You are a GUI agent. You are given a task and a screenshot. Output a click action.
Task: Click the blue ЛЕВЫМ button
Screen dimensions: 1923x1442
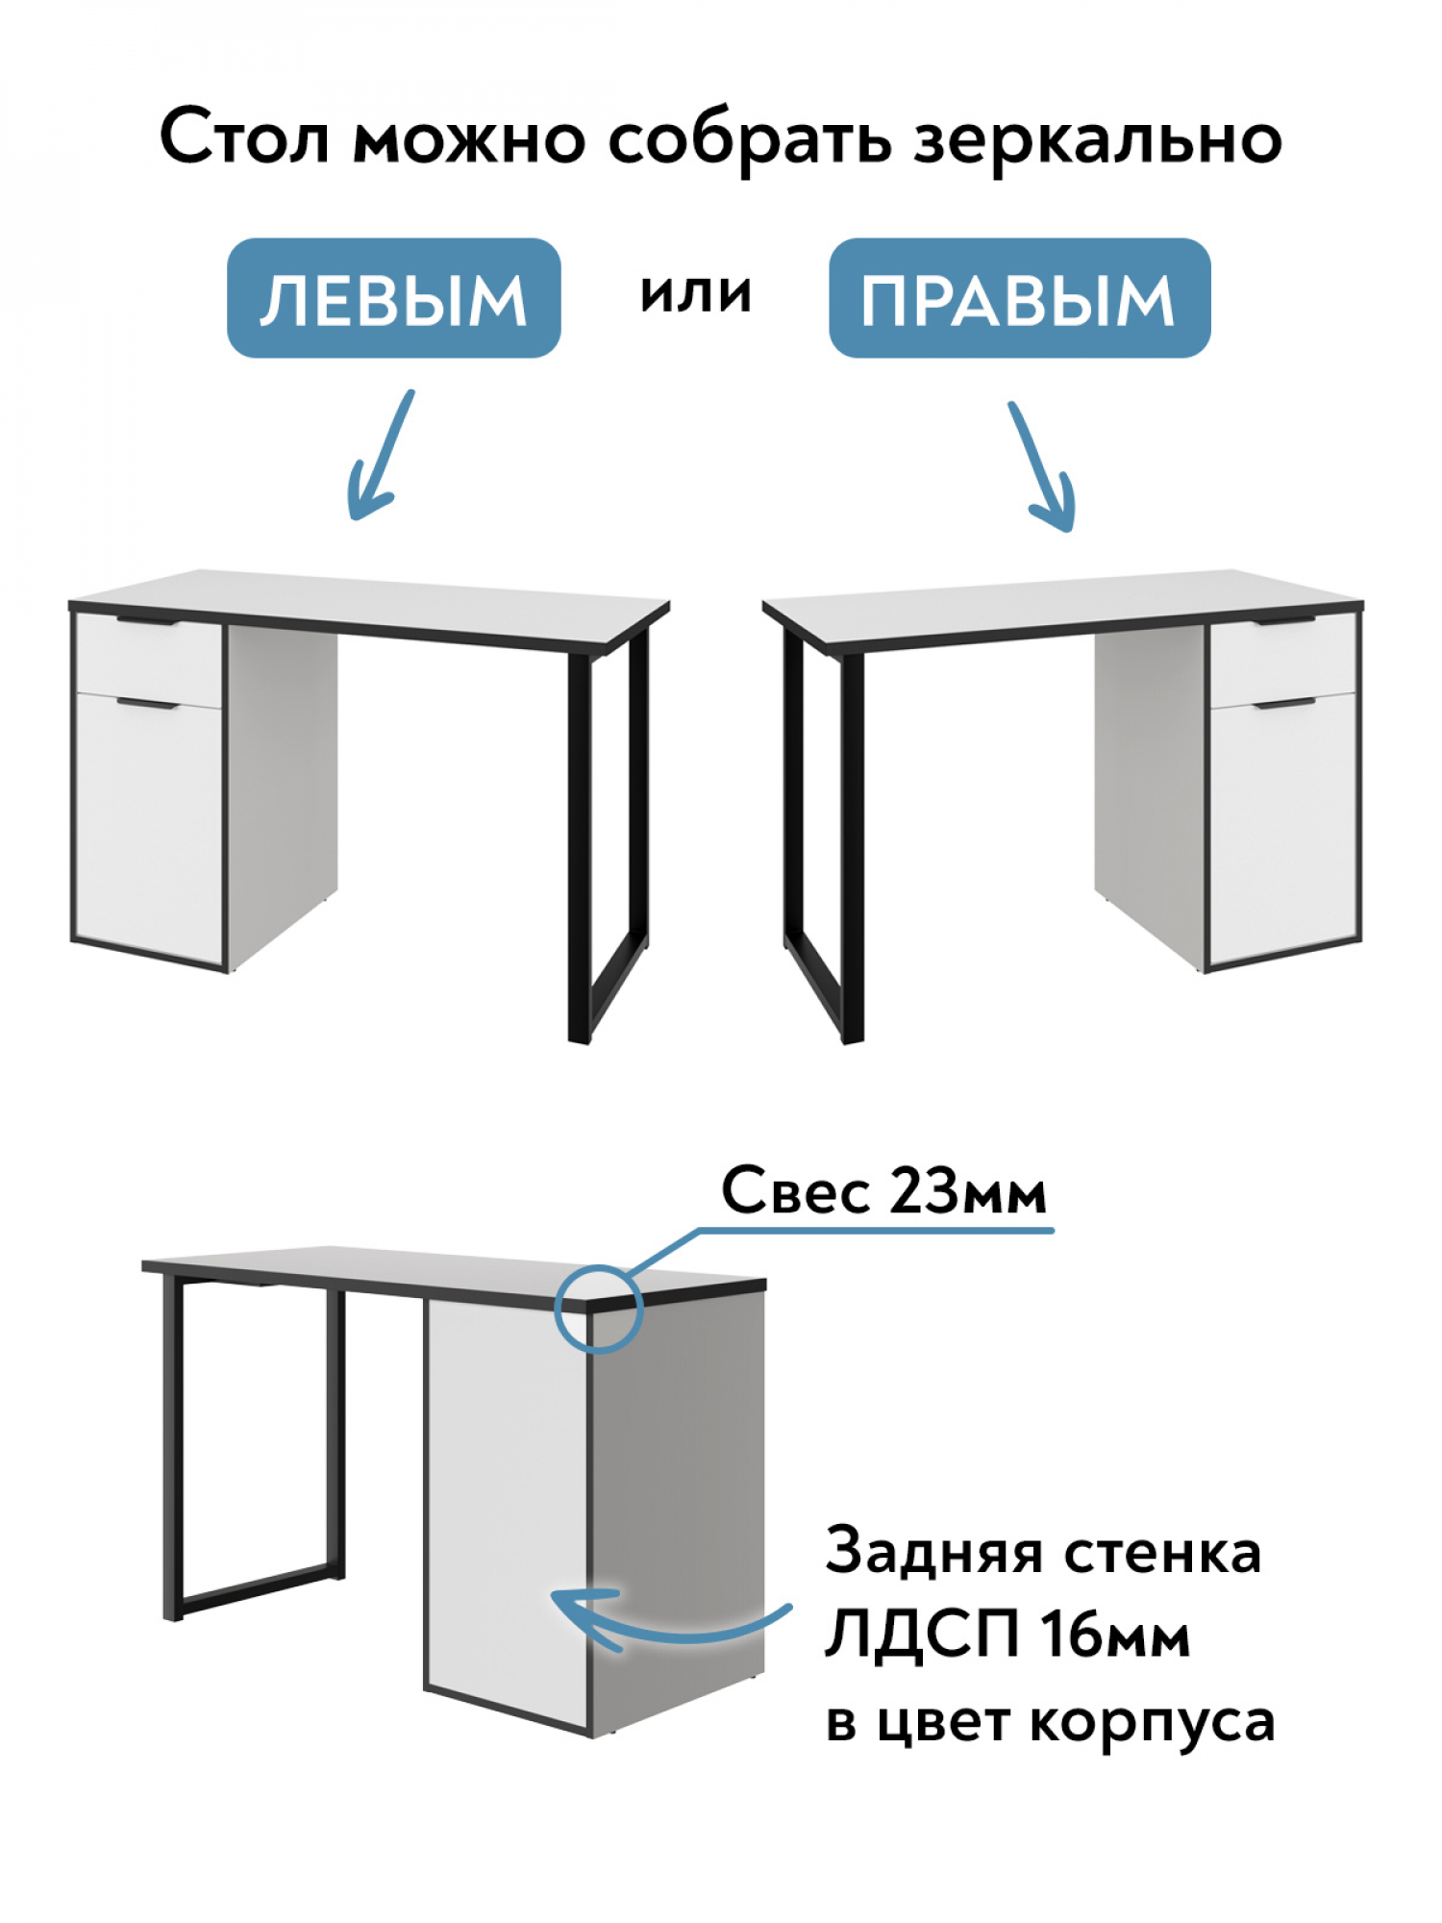click(393, 298)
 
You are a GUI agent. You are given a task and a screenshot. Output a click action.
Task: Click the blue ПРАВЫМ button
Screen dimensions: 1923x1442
click(1019, 298)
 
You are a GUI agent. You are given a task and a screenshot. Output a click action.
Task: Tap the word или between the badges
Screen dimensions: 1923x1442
click(695, 292)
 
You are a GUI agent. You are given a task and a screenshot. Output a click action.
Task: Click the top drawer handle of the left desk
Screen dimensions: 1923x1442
click(148, 622)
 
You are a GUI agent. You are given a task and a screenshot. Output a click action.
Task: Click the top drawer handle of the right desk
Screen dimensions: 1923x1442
click(1284, 623)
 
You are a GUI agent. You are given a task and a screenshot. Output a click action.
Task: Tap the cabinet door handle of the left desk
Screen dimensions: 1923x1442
click(148, 705)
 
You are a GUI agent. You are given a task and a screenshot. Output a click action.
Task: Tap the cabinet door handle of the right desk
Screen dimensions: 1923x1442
click(1284, 705)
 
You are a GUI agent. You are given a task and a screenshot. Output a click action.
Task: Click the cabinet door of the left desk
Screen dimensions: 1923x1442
click(148, 827)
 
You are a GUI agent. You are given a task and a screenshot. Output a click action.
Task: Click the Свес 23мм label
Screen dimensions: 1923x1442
click(883, 1191)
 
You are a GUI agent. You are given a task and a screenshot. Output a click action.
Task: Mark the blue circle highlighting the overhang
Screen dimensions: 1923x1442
click(598, 1309)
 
